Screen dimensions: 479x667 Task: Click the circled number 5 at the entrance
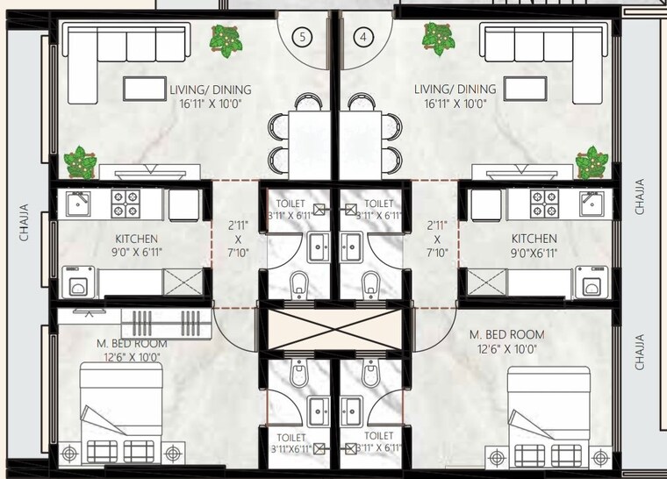303,37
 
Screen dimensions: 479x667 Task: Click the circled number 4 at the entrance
365,37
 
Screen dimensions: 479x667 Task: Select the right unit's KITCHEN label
534,238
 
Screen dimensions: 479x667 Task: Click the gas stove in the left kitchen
125,204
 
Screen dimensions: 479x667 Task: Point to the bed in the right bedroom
550,411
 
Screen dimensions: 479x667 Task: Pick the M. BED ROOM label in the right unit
506,335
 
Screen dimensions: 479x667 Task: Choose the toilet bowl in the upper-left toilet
298,282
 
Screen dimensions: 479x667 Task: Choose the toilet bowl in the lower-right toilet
370,375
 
